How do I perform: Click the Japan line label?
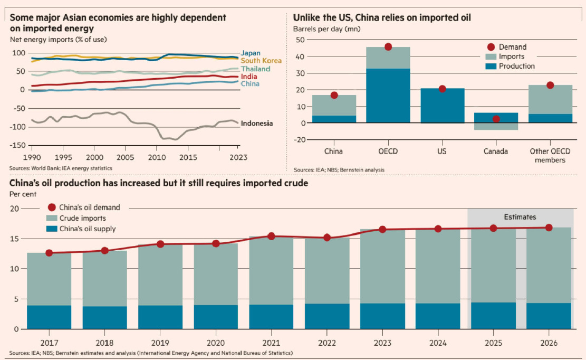(251, 53)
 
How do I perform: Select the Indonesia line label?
(257, 124)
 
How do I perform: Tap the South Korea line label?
(261, 61)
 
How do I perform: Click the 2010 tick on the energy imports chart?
(156, 157)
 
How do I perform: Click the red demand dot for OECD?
(388, 47)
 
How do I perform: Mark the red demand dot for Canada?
(496, 119)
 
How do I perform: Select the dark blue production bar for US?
(442, 106)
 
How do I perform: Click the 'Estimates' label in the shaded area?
(520, 217)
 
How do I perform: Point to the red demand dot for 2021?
(271, 236)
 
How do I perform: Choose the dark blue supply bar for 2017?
(49, 317)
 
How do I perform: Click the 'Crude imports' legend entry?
(82, 218)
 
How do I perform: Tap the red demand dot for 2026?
(549, 228)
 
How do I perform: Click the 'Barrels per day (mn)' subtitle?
(326, 29)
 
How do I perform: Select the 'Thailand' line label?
(256, 69)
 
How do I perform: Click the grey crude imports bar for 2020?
(216, 274)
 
